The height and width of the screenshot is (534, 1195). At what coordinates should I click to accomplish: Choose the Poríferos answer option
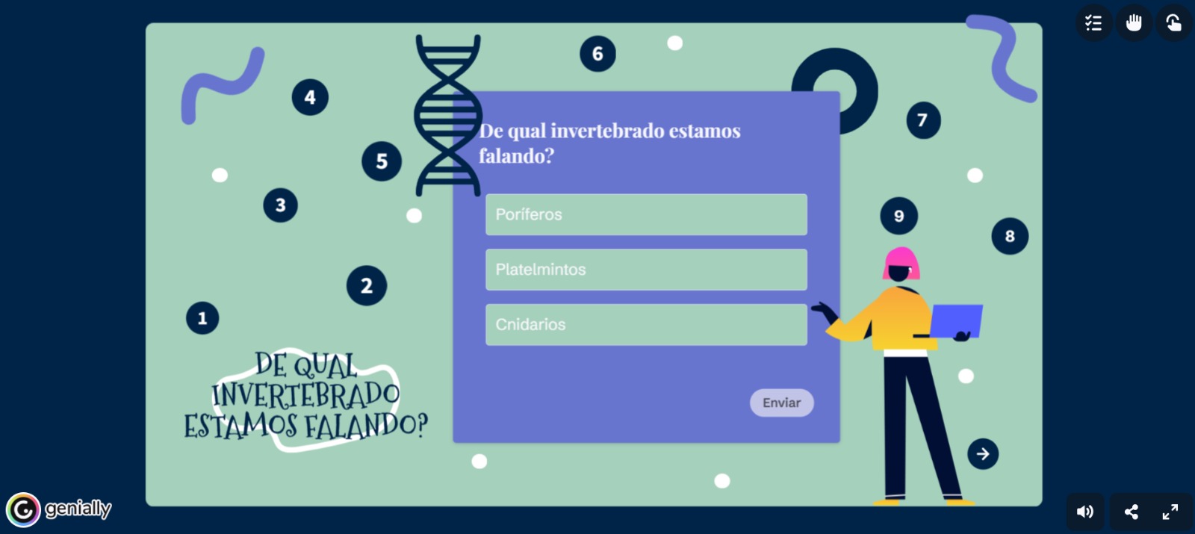[646, 214]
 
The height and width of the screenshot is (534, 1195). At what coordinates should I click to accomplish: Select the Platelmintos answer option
[646, 270]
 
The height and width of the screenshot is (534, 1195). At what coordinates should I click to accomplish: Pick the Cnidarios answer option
[646, 324]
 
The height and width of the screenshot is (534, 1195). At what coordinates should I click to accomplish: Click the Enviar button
[781, 403]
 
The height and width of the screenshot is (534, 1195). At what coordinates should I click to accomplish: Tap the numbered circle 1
[202, 318]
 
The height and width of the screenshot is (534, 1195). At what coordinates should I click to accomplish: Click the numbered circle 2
[367, 285]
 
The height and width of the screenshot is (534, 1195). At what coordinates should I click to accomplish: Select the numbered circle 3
[281, 205]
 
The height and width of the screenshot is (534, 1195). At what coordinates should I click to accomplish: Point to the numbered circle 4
[310, 97]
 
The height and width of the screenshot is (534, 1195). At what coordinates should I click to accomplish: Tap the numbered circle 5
[382, 161]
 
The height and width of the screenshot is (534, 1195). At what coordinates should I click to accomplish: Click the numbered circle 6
[597, 54]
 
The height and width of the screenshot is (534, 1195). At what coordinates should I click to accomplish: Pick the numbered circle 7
[923, 120]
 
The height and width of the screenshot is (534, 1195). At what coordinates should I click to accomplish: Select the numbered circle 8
[1010, 236]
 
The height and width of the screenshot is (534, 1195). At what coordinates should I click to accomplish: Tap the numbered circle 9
[899, 216]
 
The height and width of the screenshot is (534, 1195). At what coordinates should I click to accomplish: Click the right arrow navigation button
[983, 454]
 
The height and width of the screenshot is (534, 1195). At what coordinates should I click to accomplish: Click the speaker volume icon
[1084, 512]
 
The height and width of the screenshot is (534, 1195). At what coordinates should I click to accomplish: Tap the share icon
[1131, 512]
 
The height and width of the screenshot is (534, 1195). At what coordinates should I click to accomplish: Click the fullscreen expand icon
[1170, 512]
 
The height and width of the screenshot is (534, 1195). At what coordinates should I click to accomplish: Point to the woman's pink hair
[901, 261]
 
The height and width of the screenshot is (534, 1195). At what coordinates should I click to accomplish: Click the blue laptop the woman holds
[956, 321]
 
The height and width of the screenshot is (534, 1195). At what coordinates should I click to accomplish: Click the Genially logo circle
[23, 509]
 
